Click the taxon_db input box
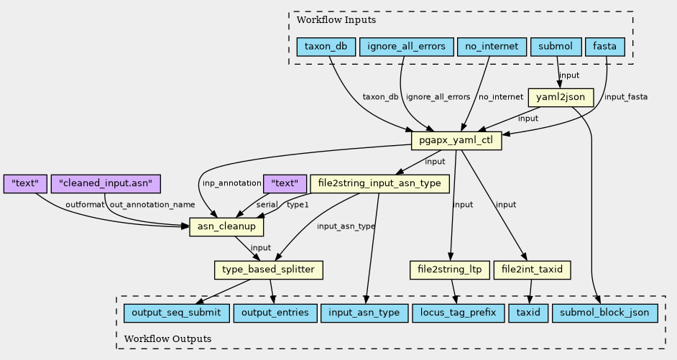[326, 47]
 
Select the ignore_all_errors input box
[406, 47]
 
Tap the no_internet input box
[491, 47]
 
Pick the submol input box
[555, 47]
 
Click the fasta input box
[605, 47]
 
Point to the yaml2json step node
[561, 97]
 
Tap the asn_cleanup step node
[226, 227]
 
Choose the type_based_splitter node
[269, 270]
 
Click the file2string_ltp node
[449, 270]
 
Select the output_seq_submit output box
[177, 313]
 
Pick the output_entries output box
[275, 313]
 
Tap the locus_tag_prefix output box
[459, 313]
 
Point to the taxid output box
[528, 313]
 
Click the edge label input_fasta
[625, 97]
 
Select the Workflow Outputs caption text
[167, 338]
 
